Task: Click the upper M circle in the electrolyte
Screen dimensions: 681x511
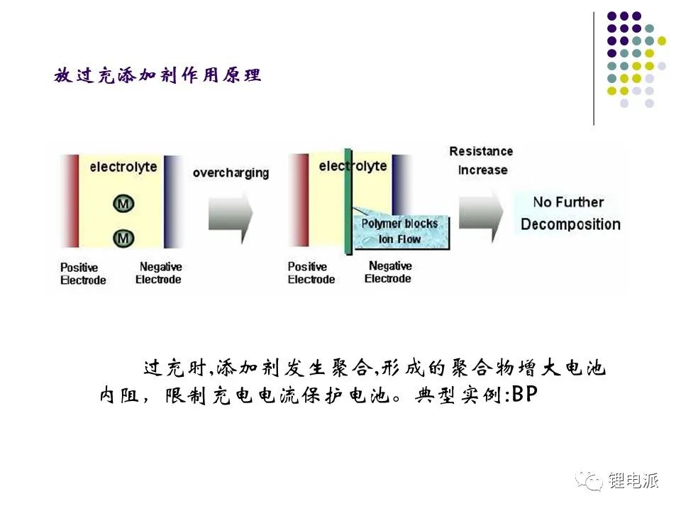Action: [123, 204]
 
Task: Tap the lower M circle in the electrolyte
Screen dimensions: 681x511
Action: [123, 238]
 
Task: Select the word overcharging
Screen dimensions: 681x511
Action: [231, 173]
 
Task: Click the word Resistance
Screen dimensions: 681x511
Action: [481, 151]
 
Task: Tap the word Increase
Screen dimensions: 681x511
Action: [482, 170]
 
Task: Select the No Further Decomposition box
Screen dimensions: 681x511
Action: [570, 214]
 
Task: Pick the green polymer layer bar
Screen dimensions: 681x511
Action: [348, 202]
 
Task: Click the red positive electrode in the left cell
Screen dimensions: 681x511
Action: [70, 201]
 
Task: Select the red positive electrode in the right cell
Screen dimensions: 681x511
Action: [299, 200]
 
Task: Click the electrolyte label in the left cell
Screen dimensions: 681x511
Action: [123, 167]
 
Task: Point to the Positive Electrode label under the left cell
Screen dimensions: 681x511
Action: [83, 273]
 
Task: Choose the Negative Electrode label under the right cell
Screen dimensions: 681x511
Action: [389, 272]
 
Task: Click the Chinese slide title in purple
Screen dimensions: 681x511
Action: [157, 75]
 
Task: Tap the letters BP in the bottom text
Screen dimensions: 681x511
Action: [525, 395]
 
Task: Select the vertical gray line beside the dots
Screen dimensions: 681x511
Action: [594, 69]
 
